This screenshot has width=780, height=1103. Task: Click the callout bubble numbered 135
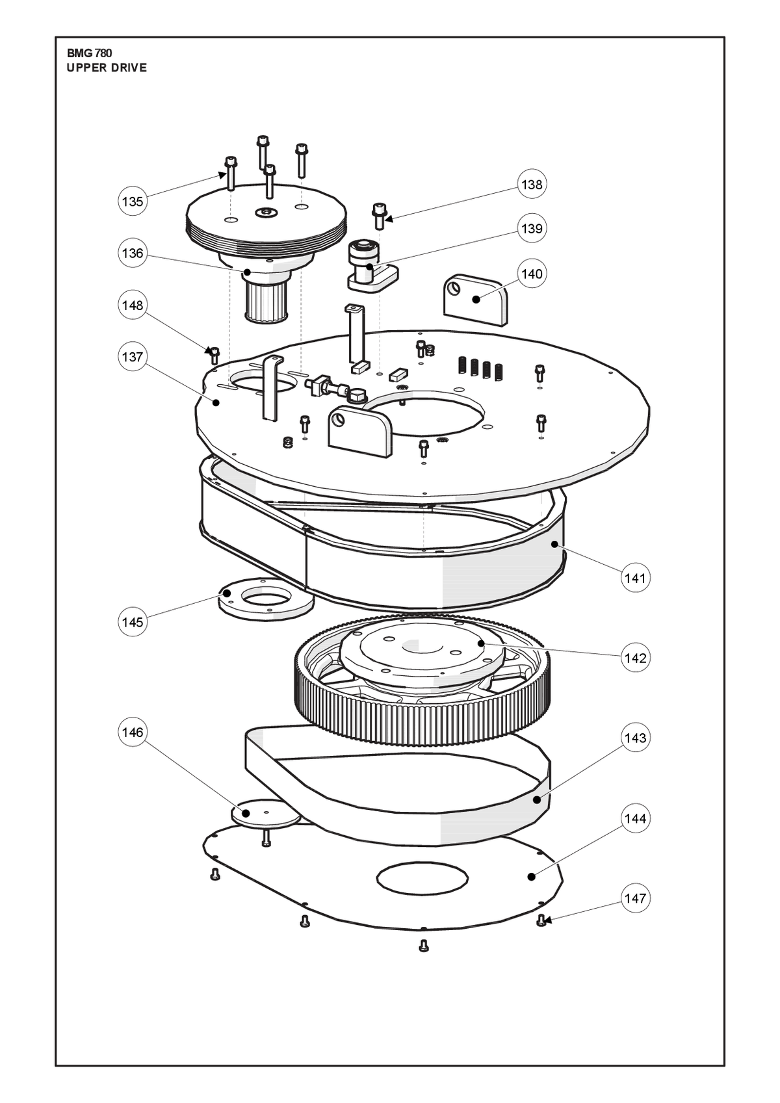pos(133,201)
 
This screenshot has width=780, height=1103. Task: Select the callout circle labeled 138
pos(532,184)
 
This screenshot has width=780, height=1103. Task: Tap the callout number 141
pos(635,577)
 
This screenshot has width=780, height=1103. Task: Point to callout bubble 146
pos(133,733)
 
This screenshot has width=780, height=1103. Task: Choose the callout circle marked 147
pos(635,898)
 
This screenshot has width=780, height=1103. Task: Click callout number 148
pos(133,305)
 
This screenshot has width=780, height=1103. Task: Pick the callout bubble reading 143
pos(635,738)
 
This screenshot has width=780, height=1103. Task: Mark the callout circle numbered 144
pos(635,818)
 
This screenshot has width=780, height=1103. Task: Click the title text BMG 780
pos(90,53)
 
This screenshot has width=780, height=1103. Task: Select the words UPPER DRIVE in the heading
pos(107,68)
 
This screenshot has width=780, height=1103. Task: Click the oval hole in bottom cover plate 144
pos(422,877)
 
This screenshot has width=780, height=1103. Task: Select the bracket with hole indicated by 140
pos(476,300)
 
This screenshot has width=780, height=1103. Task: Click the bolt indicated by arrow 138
pos(379,216)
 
